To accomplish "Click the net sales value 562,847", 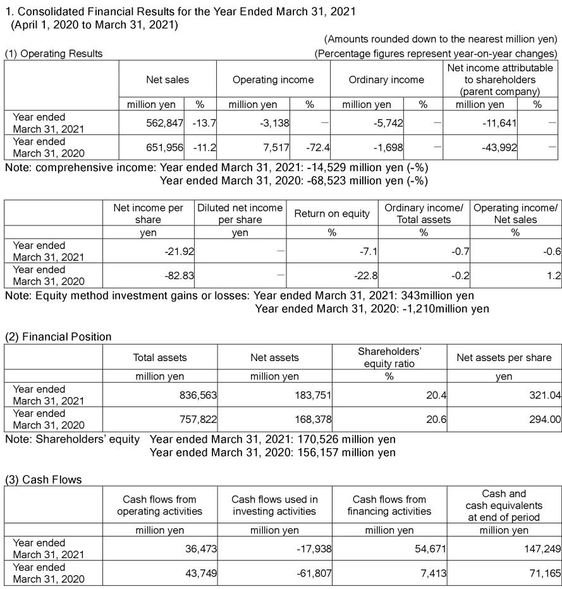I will point(164,123).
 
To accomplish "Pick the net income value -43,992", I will point(499,147).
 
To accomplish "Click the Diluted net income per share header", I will point(240,213).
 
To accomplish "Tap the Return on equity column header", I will point(331,213).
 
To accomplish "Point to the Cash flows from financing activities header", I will point(389,505).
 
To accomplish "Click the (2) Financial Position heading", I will point(58,336).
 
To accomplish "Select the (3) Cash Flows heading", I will point(43,480).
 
